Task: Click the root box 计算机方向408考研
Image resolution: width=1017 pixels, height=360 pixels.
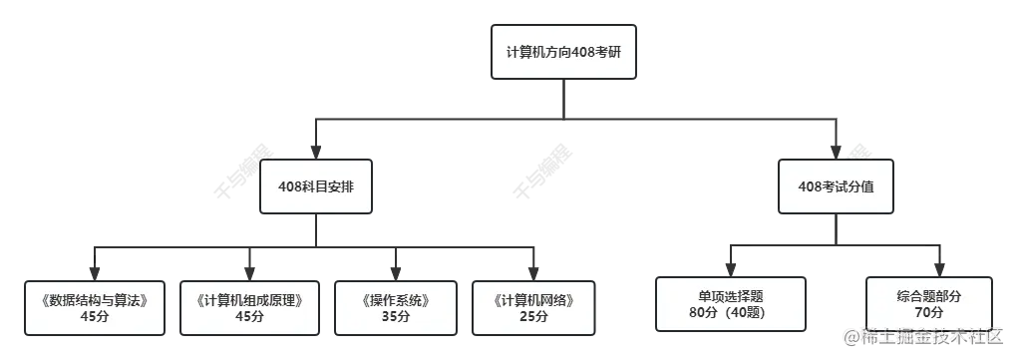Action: (x=562, y=51)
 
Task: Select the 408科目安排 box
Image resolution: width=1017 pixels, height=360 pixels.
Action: (x=316, y=186)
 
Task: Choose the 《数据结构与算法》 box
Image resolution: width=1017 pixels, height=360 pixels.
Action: (x=95, y=307)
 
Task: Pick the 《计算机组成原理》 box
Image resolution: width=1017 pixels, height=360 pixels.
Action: (x=249, y=307)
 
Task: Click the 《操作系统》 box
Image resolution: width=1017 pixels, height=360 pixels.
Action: (x=395, y=307)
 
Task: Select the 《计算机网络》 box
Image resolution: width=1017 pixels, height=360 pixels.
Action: (x=533, y=307)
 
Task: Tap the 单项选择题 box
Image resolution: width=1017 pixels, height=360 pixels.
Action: (x=730, y=304)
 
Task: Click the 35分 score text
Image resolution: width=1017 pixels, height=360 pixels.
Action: (x=395, y=317)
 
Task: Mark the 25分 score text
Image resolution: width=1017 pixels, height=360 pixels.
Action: (x=533, y=317)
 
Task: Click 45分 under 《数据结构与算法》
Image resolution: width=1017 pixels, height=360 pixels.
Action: (x=95, y=317)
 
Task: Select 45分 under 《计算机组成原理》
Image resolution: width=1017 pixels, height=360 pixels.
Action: (x=249, y=317)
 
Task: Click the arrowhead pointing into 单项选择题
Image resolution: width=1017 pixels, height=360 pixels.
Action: (x=730, y=269)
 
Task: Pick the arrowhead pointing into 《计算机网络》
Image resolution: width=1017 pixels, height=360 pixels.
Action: (x=533, y=272)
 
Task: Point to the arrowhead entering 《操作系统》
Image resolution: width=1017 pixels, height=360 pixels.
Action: (x=395, y=272)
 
